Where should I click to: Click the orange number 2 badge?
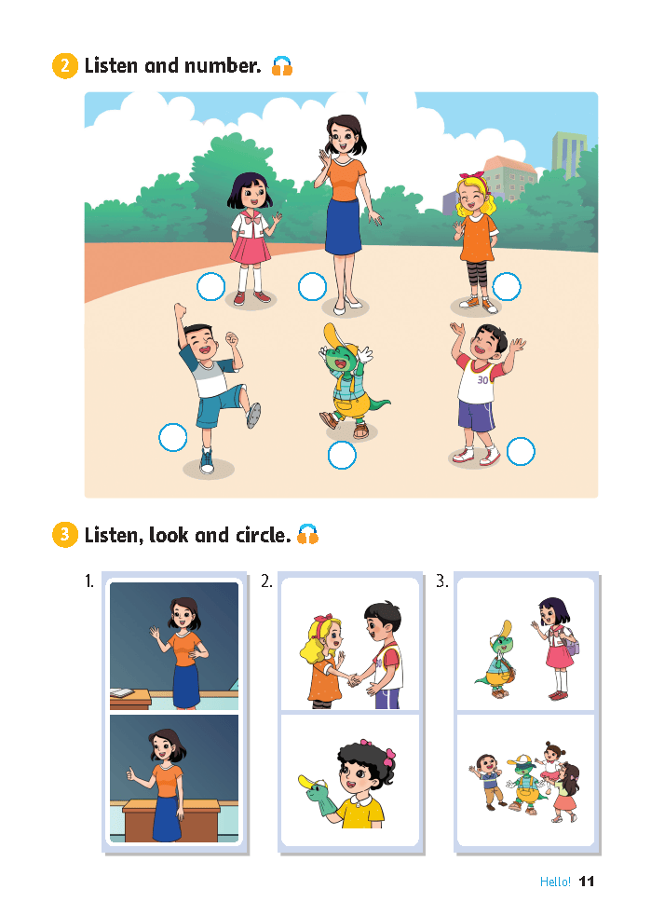click(65, 66)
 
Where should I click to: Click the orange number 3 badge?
click(65, 535)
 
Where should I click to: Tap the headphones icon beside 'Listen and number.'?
click(282, 66)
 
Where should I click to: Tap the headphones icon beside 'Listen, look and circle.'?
click(308, 534)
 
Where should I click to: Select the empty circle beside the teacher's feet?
click(312, 287)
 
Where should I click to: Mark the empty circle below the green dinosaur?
click(342, 456)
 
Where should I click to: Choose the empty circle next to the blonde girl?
click(507, 287)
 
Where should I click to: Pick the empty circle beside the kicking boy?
click(173, 438)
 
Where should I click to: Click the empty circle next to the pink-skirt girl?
click(210, 287)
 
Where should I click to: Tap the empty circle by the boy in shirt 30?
click(521, 452)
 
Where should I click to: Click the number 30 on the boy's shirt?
click(482, 380)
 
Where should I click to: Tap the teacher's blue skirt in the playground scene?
click(344, 226)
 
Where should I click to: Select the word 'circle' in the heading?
click(263, 535)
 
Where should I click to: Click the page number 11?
click(587, 882)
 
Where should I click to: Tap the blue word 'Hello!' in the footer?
click(555, 882)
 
